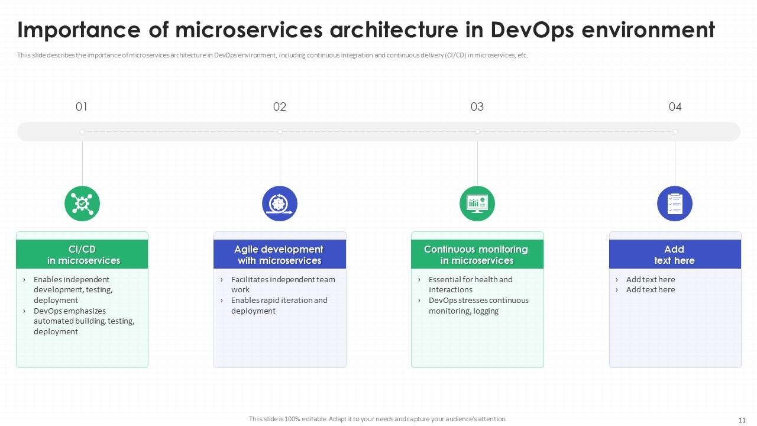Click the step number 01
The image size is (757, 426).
click(82, 107)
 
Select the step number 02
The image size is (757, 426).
click(280, 107)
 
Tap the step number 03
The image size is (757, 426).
click(477, 107)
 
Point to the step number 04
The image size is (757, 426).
click(675, 107)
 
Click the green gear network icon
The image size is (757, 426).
click(82, 204)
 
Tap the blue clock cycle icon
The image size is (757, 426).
click(280, 204)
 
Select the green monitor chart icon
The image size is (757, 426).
click(477, 204)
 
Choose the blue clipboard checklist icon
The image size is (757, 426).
click(675, 204)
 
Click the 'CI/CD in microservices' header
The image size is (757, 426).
click(82, 254)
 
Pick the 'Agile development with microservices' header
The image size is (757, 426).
click(280, 254)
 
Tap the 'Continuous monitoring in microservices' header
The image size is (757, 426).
click(477, 254)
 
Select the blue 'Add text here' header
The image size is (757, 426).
click(675, 254)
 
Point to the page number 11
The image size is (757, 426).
click(742, 419)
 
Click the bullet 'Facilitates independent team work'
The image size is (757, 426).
click(283, 285)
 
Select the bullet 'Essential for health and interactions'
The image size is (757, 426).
click(470, 285)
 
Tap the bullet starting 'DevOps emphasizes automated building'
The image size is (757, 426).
click(83, 321)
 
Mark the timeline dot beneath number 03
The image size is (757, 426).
click(477, 131)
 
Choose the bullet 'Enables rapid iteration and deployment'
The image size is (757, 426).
click(279, 305)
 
